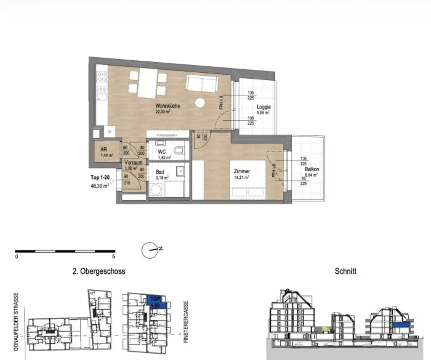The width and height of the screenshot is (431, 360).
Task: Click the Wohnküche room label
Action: [168, 106]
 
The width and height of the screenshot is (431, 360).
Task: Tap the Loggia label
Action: [263, 107]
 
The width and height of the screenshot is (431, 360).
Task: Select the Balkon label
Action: [312, 170]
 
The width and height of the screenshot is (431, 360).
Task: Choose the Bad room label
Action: [160, 172]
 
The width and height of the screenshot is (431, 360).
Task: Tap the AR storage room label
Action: [104, 149]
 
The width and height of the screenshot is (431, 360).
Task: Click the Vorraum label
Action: [133, 163]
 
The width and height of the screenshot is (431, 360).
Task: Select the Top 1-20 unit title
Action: [100, 177]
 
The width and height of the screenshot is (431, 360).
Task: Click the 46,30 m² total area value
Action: [99, 185]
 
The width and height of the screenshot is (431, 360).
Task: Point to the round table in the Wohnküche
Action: [200, 103]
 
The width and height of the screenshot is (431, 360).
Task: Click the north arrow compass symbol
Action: [149, 251]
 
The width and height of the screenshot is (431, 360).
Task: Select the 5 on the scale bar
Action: [114, 256]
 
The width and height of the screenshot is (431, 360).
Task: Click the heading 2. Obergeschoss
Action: [98, 271]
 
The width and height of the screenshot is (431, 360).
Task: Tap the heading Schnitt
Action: [345, 271]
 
